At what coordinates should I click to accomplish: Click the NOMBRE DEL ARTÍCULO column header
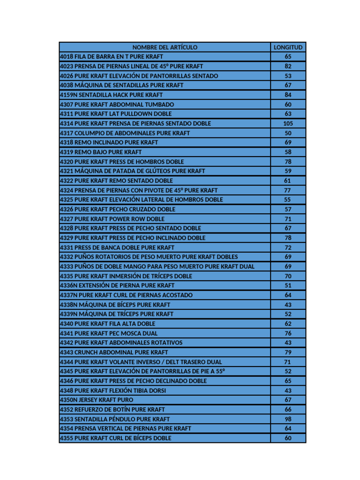click(x=165, y=47)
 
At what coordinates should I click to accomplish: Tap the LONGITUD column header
click(x=288, y=47)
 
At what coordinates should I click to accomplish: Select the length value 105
click(x=288, y=124)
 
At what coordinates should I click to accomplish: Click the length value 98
click(x=288, y=419)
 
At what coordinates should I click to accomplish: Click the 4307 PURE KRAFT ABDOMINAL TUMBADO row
click(x=117, y=105)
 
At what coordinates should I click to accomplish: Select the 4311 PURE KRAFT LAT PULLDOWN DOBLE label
click(x=116, y=114)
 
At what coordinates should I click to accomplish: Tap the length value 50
click(x=288, y=133)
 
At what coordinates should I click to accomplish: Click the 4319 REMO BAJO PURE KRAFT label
click(x=101, y=152)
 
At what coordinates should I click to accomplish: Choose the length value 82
click(x=288, y=67)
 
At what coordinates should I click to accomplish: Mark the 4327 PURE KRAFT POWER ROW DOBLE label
click(x=112, y=219)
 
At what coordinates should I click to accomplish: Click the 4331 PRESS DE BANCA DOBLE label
click(x=117, y=247)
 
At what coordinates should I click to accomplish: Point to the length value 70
click(x=288, y=276)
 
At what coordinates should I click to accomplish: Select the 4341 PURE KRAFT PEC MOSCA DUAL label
click(x=109, y=333)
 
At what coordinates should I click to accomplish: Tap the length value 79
click(x=288, y=352)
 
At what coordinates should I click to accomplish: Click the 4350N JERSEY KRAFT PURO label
click(x=97, y=400)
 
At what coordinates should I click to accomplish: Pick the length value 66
click(x=288, y=409)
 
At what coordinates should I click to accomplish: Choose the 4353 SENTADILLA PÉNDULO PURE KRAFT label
click(x=115, y=419)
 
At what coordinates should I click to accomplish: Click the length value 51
click(x=288, y=285)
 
